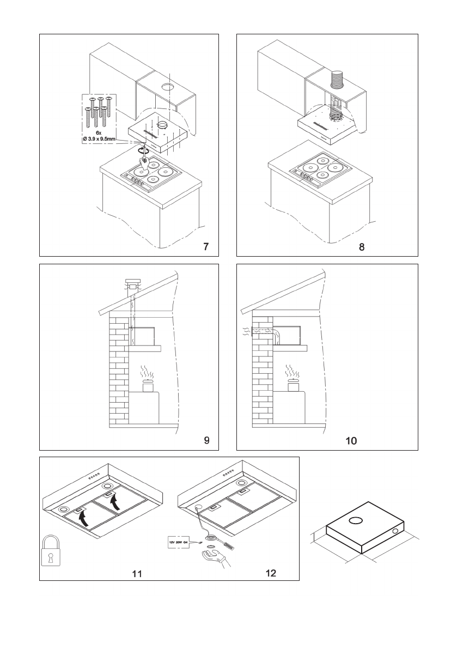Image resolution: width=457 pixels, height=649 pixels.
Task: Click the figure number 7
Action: coord(205,246)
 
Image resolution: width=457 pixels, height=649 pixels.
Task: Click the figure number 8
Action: coord(362,246)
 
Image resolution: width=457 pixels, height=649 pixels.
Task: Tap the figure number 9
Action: coord(206,440)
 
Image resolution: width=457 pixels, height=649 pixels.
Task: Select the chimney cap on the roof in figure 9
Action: coord(132,283)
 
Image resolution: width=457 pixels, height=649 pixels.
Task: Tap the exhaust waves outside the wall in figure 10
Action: coord(246,331)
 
